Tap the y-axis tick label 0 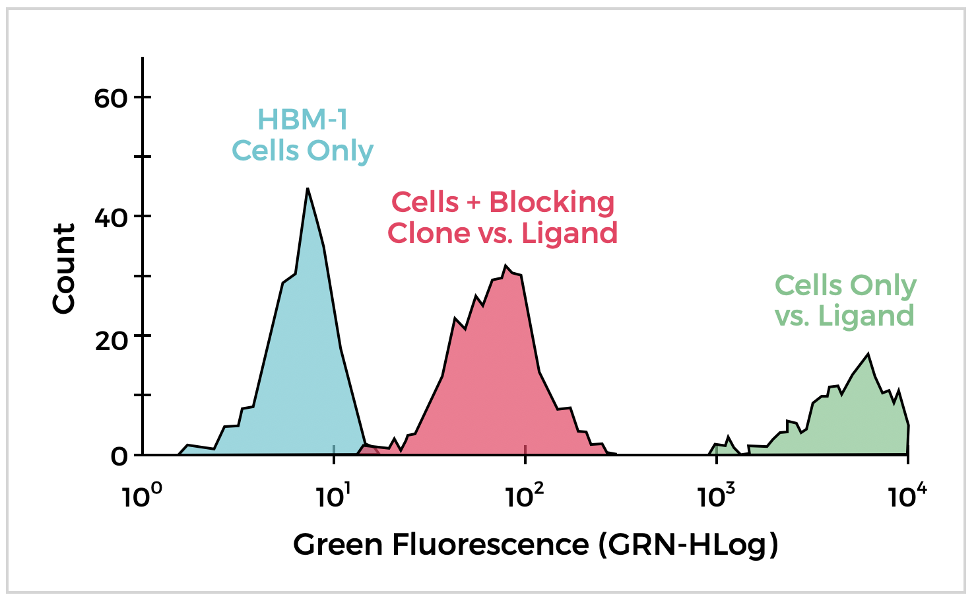(119, 456)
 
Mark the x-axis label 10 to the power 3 (712, 497)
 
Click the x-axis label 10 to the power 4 (903, 497)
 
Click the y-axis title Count (64, 268)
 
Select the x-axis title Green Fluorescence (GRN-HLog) (535, 546)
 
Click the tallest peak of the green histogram (868, 355)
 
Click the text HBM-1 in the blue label (302, 120)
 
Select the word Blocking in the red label (552, 202)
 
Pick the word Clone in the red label (424, 233)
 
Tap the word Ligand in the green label (866, 316)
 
